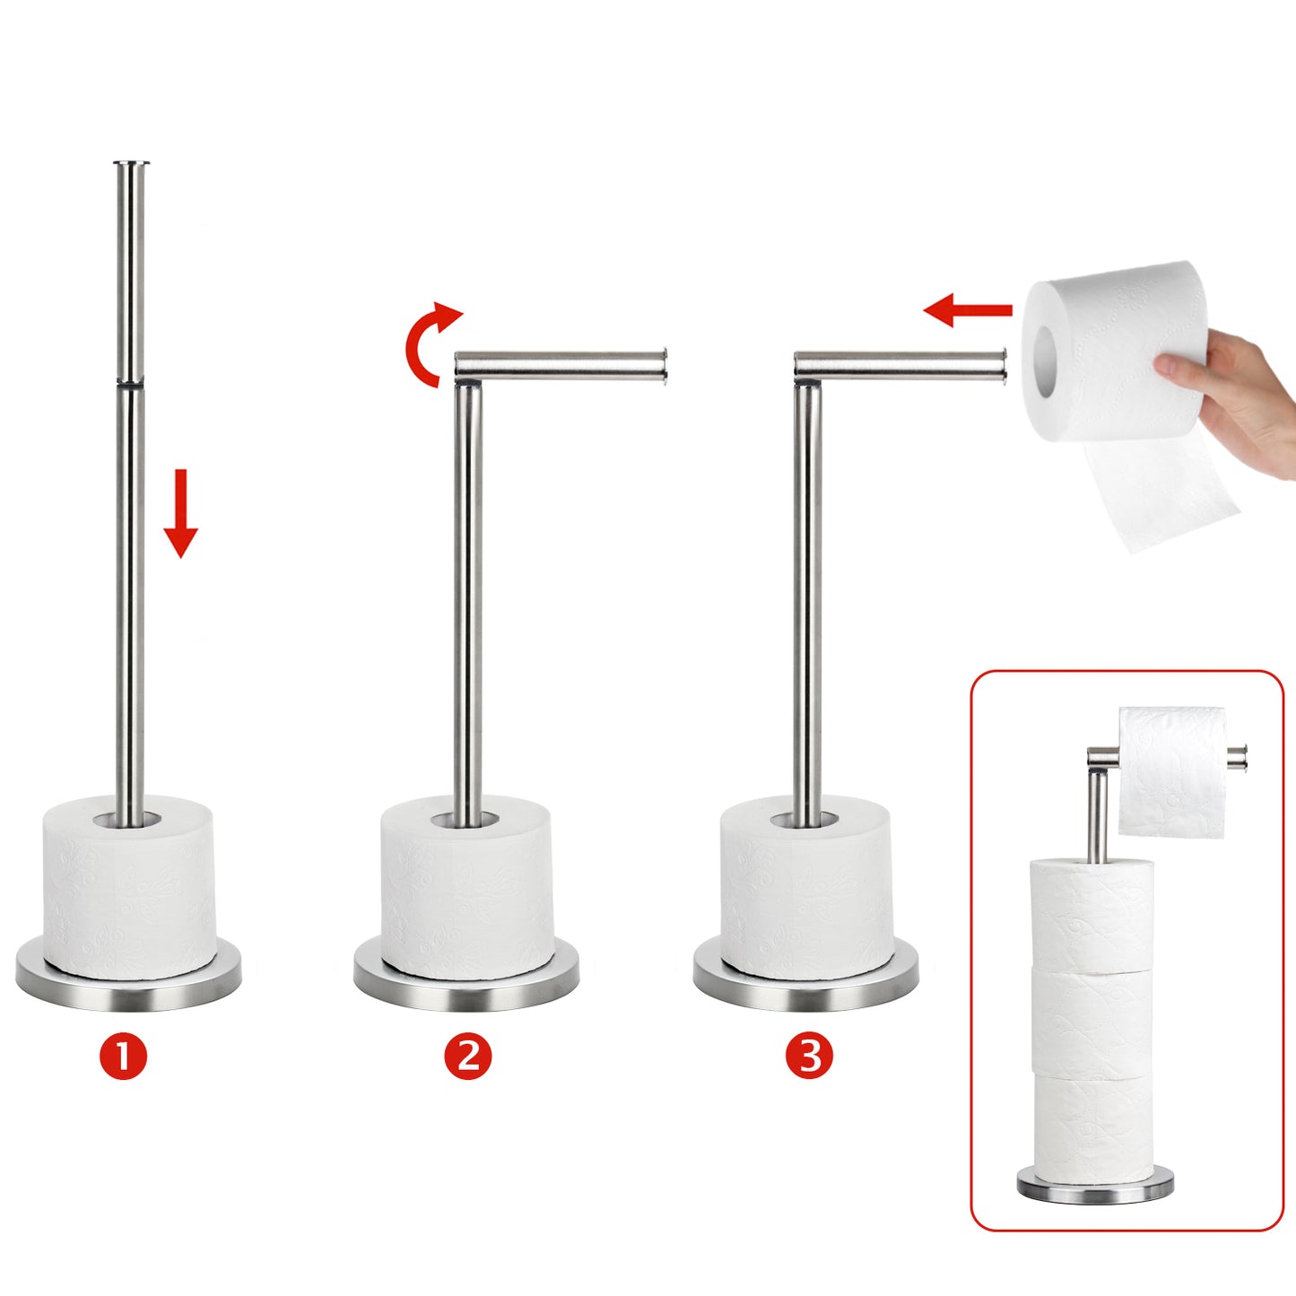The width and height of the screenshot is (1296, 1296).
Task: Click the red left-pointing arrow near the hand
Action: coord(968,310)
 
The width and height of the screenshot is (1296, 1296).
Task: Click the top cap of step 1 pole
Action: coord(130,163)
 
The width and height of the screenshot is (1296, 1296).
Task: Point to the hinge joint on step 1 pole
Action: coord(130,384)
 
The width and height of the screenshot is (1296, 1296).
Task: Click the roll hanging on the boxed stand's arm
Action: coord(1171,772)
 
